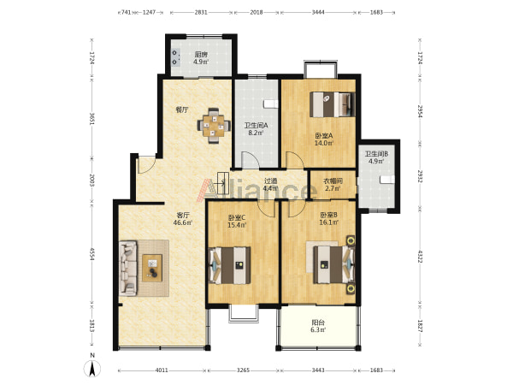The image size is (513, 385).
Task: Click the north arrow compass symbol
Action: pyautogui.click(x=92, y=369)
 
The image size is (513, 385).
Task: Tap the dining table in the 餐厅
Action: pyautogui.click(x=213, y=126)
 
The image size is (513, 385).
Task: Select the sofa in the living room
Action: pyautogui.click(x=128, y=268)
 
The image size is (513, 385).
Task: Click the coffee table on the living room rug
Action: pyautogui.click(x=152, y=268)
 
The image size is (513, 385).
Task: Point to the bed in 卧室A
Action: pyautogui.click(x=333, y=104)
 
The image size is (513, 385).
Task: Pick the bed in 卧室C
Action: pyautogui.click(x=230, y=265)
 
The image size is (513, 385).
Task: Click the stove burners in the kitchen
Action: pyautogui.click(x=175, y=57)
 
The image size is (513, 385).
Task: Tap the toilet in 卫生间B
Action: pyautogui.click(x=387, y=180)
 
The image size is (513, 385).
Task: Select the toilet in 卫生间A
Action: pyautogui.click(x=271, y=104)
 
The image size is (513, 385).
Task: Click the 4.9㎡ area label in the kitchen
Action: pyautogui.click(x=201, y=62)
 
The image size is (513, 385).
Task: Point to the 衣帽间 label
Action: pyautogui.click(x=333, y=181)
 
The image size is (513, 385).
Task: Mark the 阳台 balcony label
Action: pyautogui.click(x=318, y=323)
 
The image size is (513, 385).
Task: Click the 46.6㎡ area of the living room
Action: pyautogui.click(x=183, y=222)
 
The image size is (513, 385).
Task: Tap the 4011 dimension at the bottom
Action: pyautogui.click(x=162, y=370)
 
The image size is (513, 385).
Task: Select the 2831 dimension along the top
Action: pyautogui.click(x=201, y=13)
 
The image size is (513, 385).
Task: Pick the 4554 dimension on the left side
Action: pyautogui.click(x=92, y=254)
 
